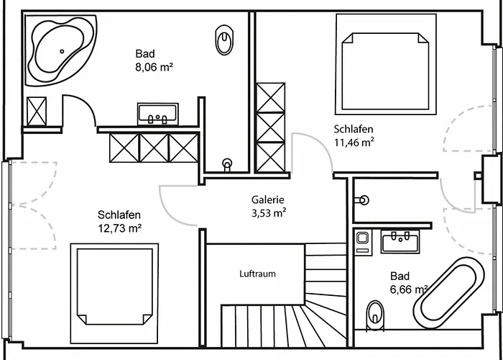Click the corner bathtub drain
tap(62, 51)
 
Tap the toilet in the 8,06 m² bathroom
tap(224, 40)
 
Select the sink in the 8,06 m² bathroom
tap(157, 114)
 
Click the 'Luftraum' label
tap(257, 274)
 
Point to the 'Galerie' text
tap(268, 200)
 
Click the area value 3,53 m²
tap(269, 213)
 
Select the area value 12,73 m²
tap(119, 228)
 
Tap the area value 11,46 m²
tap(354, 143)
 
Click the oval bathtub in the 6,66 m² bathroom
tap(449, 292)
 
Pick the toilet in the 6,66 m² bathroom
tap(375, 315)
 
